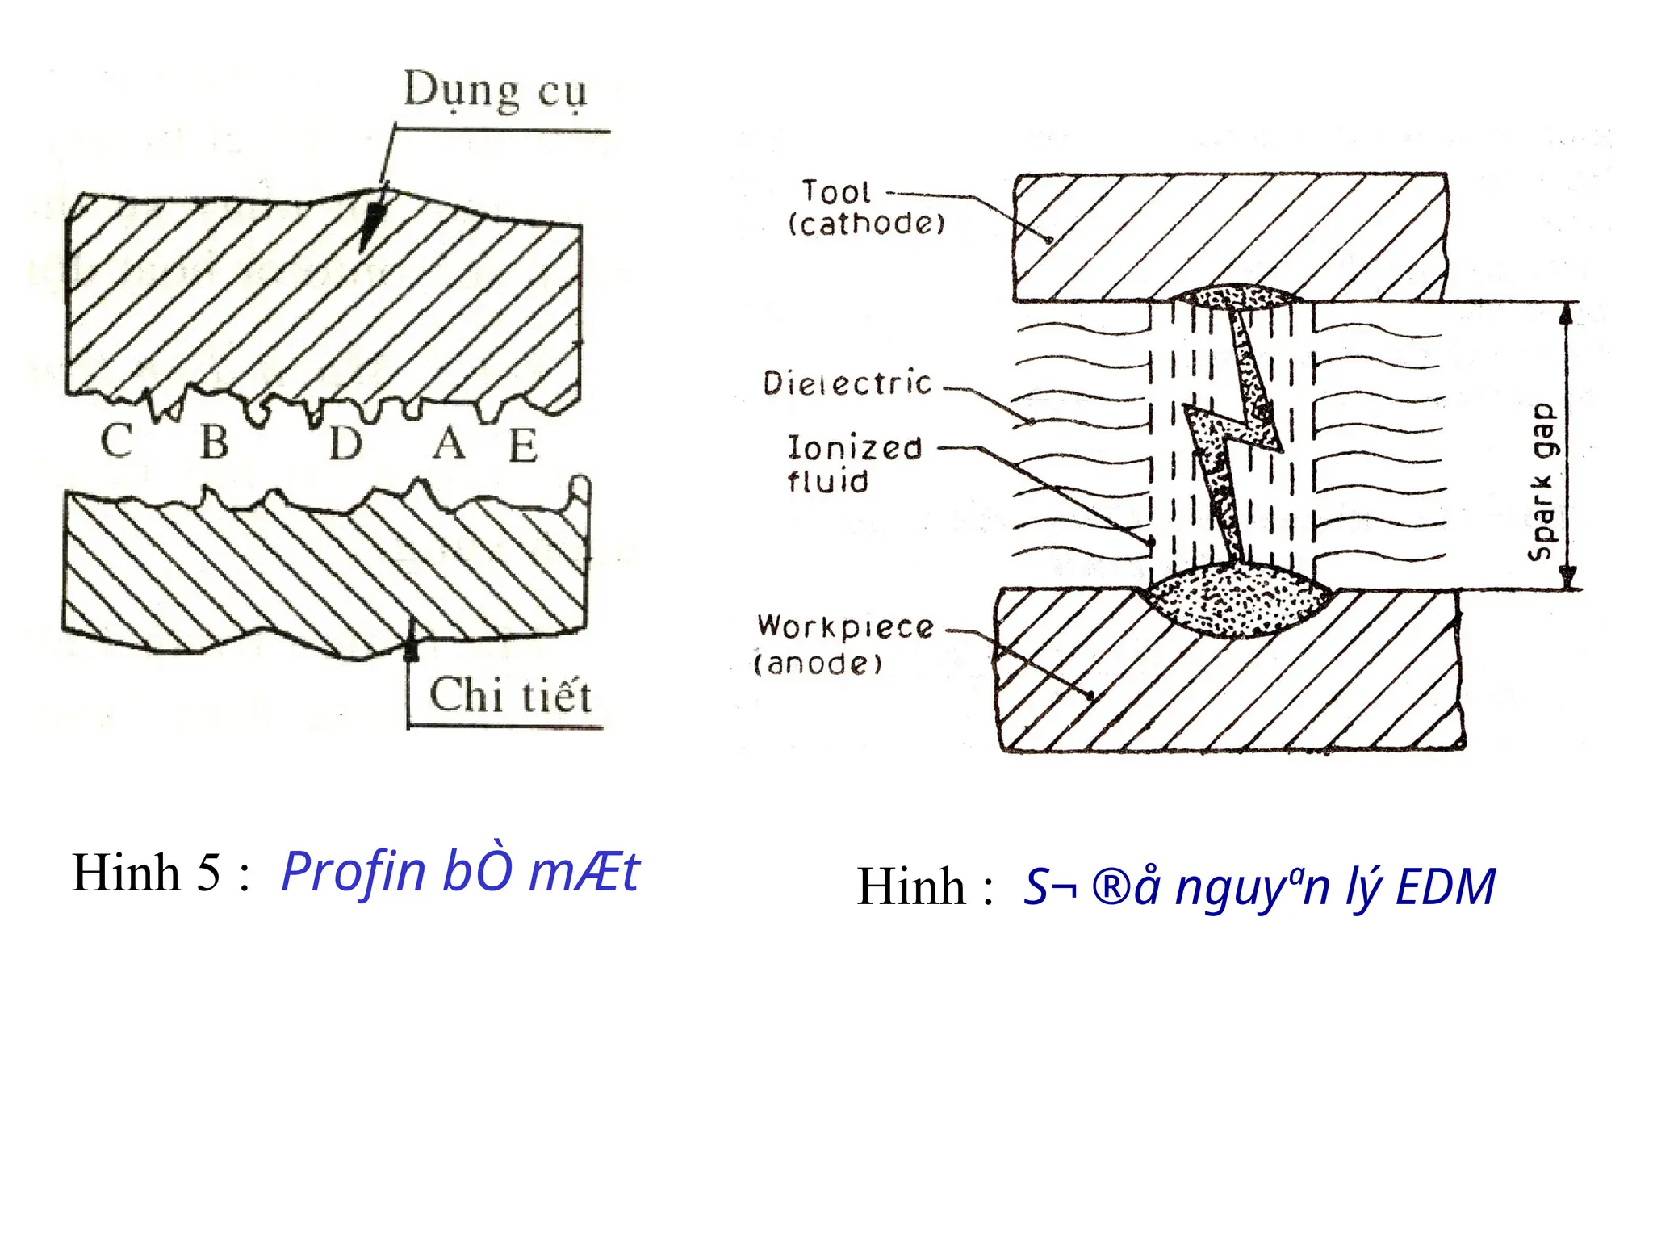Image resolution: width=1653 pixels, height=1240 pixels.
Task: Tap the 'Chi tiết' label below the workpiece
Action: [x=510, y=695]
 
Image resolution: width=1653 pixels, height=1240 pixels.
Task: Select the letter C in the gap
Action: [x=118, y=441]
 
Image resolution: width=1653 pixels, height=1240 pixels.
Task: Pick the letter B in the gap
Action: [x=215, y=442]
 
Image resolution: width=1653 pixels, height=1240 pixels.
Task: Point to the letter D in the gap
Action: [x=346, y=443]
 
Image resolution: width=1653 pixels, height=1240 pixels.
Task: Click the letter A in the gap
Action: [x=449, y=442]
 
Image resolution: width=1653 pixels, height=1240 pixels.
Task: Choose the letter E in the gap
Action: [x=523, y=445]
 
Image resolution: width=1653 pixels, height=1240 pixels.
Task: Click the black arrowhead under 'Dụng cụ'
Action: [x=371, y=226]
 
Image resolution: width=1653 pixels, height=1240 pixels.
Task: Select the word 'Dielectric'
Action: [x=847, y=383]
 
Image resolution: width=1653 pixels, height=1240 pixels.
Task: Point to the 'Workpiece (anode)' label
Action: [x=843, y=644]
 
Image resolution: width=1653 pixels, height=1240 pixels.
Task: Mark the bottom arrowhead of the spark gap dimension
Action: [x=1567, y=578]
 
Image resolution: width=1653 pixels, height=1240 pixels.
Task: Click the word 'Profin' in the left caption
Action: [x=353, y=872]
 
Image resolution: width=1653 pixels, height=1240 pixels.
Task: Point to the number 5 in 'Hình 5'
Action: [x=208, y=873]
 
